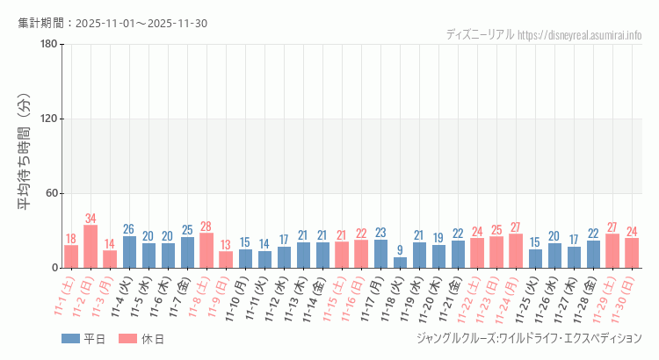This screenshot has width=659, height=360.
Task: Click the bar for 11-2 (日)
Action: coord(91,247)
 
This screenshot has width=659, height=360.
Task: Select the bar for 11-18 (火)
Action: coord(401,263)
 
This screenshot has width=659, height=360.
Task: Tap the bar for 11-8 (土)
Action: coord(206,250)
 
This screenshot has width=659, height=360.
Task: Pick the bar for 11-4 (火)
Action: coord(129,252)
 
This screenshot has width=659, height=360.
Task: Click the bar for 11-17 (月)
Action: coord(381,254)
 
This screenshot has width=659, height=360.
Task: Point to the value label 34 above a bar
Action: coord(91,219)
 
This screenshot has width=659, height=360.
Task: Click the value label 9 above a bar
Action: coord(401,250)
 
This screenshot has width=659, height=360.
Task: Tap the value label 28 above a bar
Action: coord(206,227)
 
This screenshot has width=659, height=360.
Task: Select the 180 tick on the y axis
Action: coord(48,45)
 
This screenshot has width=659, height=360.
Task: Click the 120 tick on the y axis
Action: coord(48,119)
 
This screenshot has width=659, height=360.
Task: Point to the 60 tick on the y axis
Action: coord(51,193)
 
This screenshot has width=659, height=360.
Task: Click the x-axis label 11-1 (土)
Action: coord(65,294)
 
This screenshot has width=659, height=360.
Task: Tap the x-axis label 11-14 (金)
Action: coord(312,296)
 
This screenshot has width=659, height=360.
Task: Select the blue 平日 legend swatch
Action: coord(71,339)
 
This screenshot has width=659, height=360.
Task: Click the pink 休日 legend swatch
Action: coord(128,339)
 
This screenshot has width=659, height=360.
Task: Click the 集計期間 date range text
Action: coord(112,23)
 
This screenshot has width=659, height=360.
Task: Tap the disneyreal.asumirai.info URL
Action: coord(579,35)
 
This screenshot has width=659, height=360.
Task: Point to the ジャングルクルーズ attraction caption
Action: coord(527,338)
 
